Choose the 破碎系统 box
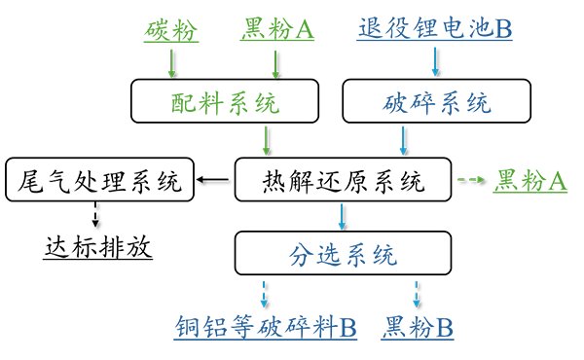[x=437, y=101]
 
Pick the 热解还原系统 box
[x=344, y=179]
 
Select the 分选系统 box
[x=342, y=257]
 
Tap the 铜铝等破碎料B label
[x=266, y=327]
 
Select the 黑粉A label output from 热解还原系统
[x=531, y=180]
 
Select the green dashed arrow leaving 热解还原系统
[x=471, y=180]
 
